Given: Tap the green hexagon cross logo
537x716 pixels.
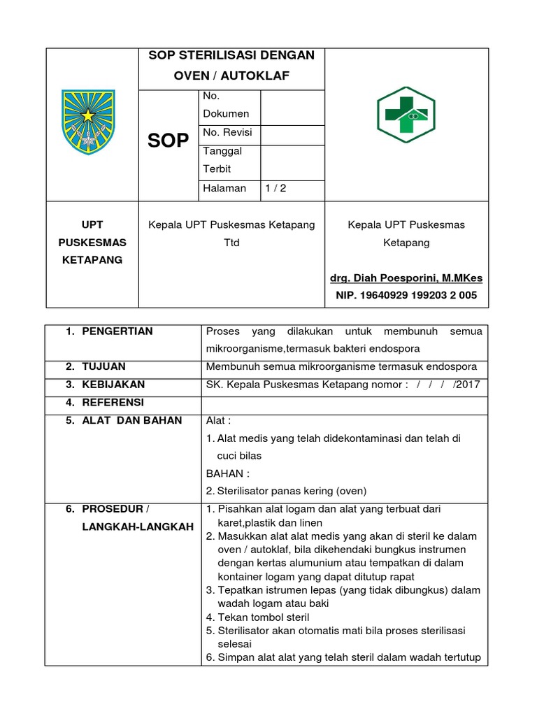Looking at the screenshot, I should pos(406,114).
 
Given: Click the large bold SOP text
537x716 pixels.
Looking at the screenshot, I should pos(168,141).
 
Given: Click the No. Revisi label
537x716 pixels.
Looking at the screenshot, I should pos(227,132).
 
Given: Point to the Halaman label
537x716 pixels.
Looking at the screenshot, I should pos(224,187).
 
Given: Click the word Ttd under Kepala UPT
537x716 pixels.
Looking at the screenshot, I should pos(231,243).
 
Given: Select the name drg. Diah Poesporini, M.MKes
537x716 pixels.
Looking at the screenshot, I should pos(406,278).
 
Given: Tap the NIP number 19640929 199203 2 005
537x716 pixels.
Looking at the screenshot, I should pos(406,295).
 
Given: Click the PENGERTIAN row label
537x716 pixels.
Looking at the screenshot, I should pos(117,331).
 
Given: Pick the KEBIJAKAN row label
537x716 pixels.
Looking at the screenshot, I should pos(113,384).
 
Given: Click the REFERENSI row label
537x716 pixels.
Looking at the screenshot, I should pos(113,402).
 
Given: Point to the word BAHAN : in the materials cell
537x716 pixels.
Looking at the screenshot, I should pos(228,473).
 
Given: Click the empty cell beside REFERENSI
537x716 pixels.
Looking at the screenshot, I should pos(344,403).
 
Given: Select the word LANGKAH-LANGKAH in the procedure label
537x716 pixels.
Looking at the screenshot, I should pos(137,527).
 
